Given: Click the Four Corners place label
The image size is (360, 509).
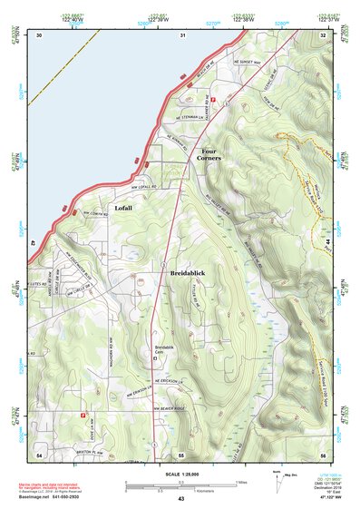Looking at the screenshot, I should point(210,154).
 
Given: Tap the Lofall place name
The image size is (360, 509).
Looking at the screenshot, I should point(123,208).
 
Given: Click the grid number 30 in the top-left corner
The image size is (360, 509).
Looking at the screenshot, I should point(39,34).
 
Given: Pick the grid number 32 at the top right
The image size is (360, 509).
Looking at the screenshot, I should point(323,34).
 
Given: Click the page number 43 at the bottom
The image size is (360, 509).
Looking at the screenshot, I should point(180,499).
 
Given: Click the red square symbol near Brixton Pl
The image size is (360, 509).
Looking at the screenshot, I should point(83,416).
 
